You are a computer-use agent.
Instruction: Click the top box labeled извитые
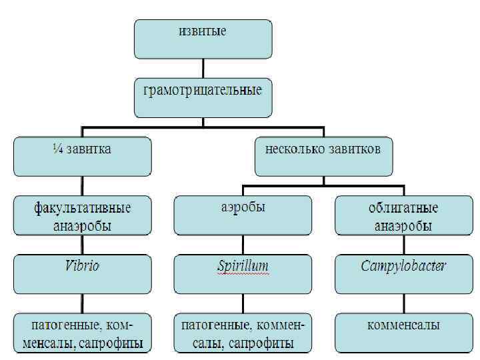pos(203,38)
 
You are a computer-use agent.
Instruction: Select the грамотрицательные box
pos(203,97)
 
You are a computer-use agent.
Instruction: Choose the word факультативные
pos(82,208)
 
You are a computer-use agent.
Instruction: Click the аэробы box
pos(242,215)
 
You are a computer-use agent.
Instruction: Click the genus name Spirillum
pos(243,266)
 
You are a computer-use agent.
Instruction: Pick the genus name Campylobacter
pos(403,266)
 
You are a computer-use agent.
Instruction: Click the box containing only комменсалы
pos(403,332)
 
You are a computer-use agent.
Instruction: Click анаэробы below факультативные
pos(82,225)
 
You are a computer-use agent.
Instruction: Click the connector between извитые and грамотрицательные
pos(203,68)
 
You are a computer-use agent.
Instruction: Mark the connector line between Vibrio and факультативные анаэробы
pos(82,246)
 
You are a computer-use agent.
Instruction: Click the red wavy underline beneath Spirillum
pos(243,273)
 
